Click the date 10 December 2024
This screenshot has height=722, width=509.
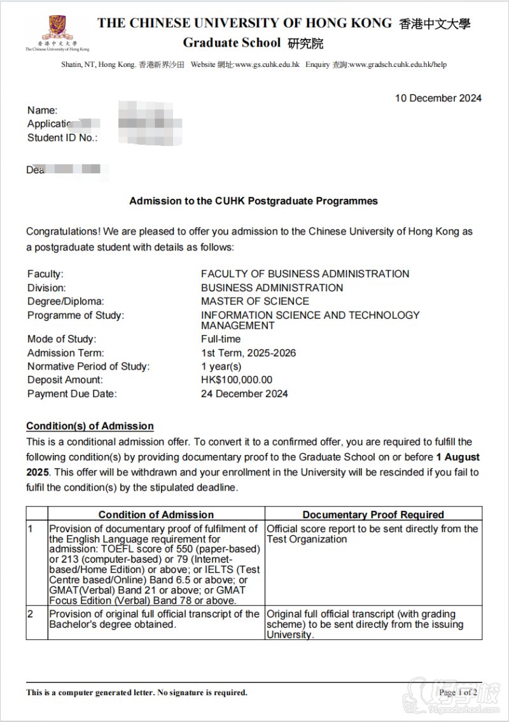click(x=438, y=98)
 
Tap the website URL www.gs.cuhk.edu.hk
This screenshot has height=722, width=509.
click(x=267, y=64)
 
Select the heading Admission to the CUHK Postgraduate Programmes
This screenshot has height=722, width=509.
click(x=253, y=201)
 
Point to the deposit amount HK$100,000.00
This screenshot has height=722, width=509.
click(x=237, y=380)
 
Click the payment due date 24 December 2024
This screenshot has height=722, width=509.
click(x=244, y=394)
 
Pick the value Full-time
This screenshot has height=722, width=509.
click(x=221, y=339)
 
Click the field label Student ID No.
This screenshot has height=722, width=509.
click(x=62, y=138)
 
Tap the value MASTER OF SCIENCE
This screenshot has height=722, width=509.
click(x=255, y=301)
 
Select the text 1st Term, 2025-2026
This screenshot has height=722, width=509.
click(x=248, y=353)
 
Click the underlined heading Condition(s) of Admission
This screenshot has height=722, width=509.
click(x=90, y=426)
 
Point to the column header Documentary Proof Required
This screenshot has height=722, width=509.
click(x=373, y=514)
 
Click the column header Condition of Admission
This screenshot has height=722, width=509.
click(x=156, y=514)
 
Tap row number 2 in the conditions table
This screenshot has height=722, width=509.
click(x=30, y=614)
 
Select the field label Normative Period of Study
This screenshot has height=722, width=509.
click(x=88, y=366)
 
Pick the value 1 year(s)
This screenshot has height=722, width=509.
click(x=221, y=366)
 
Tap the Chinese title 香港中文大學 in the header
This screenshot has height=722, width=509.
click(x=435, y=25)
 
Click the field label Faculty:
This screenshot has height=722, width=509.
click(x=45, y=274)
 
